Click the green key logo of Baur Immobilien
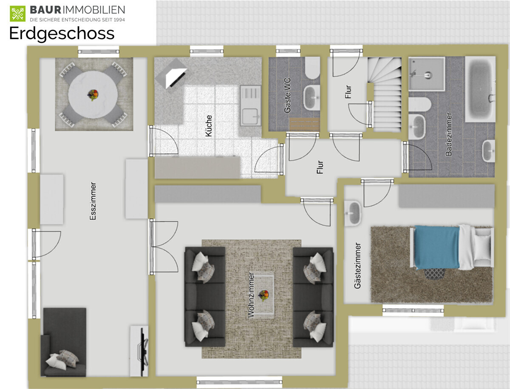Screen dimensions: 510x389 (x=18, y=14)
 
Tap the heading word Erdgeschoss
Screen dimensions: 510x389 (x=62, y=33)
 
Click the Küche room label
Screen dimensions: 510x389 (x=209, y=126)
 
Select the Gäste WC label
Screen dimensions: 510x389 (x=287, y=95)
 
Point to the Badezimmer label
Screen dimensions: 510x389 (x=449, y=134)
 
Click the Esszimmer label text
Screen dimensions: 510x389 (x=93, y=201)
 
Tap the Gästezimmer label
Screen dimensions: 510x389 (x=357, y=266)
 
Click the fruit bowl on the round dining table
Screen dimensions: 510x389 (x=93, y=95)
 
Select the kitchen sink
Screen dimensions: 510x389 (x=251, y=105)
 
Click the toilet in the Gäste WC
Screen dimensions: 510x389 (x=312, y=68)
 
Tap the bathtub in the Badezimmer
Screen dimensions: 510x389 (x=480, y=89)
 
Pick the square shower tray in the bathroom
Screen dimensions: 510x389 (x=427, y=74)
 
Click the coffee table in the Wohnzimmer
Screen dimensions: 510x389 (x=263, y=295)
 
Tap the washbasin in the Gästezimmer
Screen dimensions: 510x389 (x=353, y=213)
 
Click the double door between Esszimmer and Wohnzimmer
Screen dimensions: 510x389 (x=164, y=247)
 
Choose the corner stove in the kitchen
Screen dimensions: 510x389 (x=171, y=74)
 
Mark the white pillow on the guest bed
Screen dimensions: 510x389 (x=483, y=247)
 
